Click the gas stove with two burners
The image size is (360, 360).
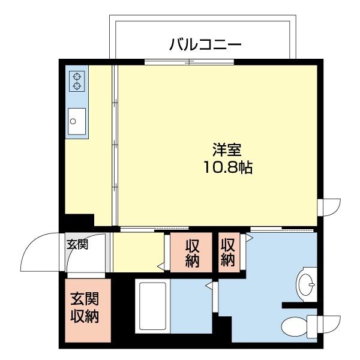(77, 80)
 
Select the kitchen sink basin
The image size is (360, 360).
(77, 121)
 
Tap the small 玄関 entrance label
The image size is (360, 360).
(77, 244)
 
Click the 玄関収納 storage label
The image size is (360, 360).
(85, 308)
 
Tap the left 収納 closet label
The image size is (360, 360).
(192, 253)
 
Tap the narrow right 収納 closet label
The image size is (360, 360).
(228, 252)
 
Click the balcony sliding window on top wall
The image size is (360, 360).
(190, 62)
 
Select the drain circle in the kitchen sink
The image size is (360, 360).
(73, 121)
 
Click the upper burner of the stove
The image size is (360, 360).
(77, 76)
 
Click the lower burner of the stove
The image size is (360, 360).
(77, 86)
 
